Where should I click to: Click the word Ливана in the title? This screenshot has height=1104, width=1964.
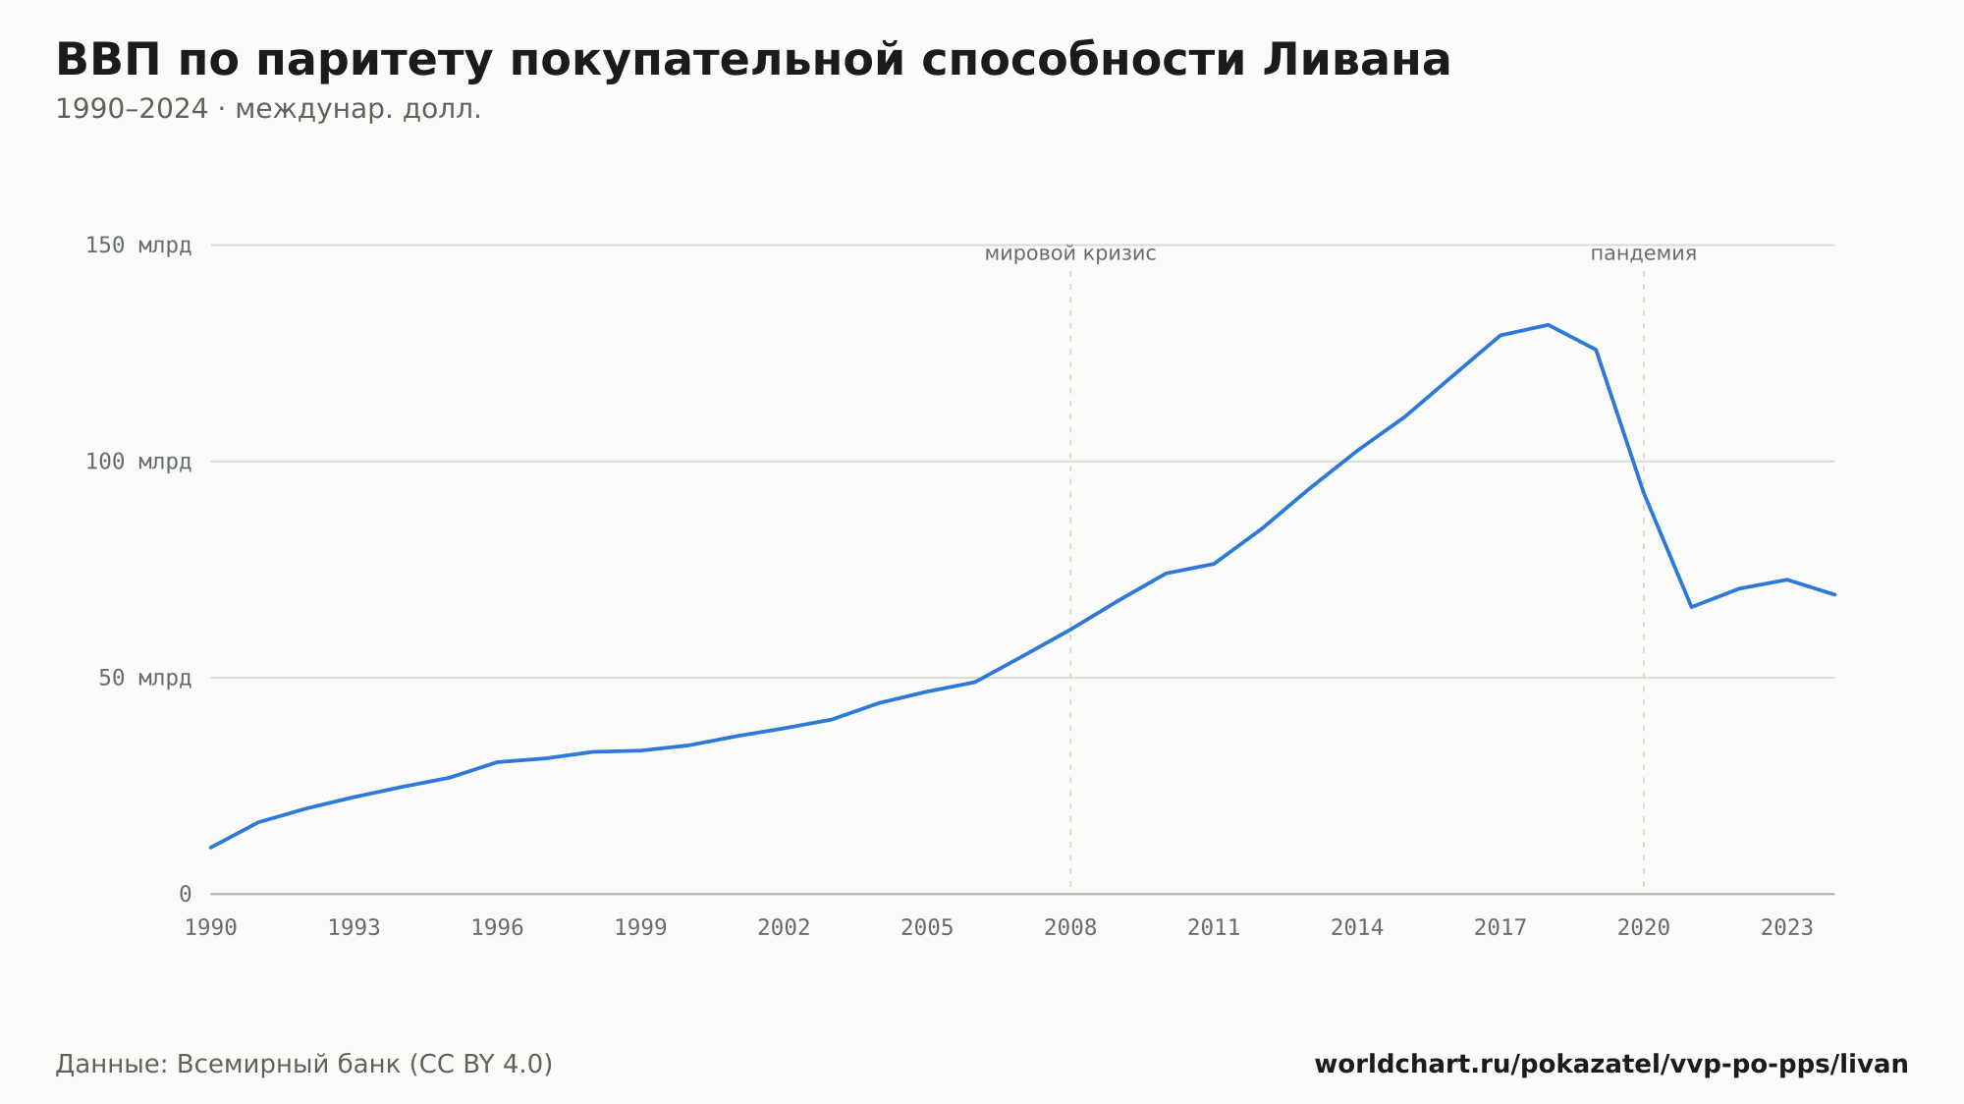click(1356, 60)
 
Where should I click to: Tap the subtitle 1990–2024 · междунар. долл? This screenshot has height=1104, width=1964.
click(268, 109)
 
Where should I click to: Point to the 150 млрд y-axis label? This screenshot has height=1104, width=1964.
click(138, 245)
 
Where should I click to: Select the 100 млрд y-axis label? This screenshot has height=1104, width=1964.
click(138, 462)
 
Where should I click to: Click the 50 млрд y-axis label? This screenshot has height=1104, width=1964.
click(145, 678)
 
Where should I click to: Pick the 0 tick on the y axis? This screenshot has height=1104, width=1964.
click(185, 894)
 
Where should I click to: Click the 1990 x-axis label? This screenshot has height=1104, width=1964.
click(211, 928)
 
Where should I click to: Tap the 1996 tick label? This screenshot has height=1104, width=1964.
click(498, 928)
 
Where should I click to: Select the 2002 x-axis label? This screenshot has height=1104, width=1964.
click(784, 928)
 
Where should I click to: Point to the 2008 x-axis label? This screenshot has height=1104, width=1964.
click(1070, 928)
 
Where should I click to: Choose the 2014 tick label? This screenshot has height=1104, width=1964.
click(1357, 928)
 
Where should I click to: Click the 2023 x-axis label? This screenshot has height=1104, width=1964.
click(1787, 928)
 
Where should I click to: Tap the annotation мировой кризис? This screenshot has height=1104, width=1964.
click(1070, 253)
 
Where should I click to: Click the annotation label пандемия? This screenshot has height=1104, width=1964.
click(1644, 253)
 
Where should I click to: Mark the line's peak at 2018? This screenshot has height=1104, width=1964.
click(1548, 325)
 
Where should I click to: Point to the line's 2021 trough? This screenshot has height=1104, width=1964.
click(1691, 607)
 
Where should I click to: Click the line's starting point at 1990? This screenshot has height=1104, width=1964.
click(211, 848)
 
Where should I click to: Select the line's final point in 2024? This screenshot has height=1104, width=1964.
click(1834, 594)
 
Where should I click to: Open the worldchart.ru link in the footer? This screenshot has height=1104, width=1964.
click(1611, 1065)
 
